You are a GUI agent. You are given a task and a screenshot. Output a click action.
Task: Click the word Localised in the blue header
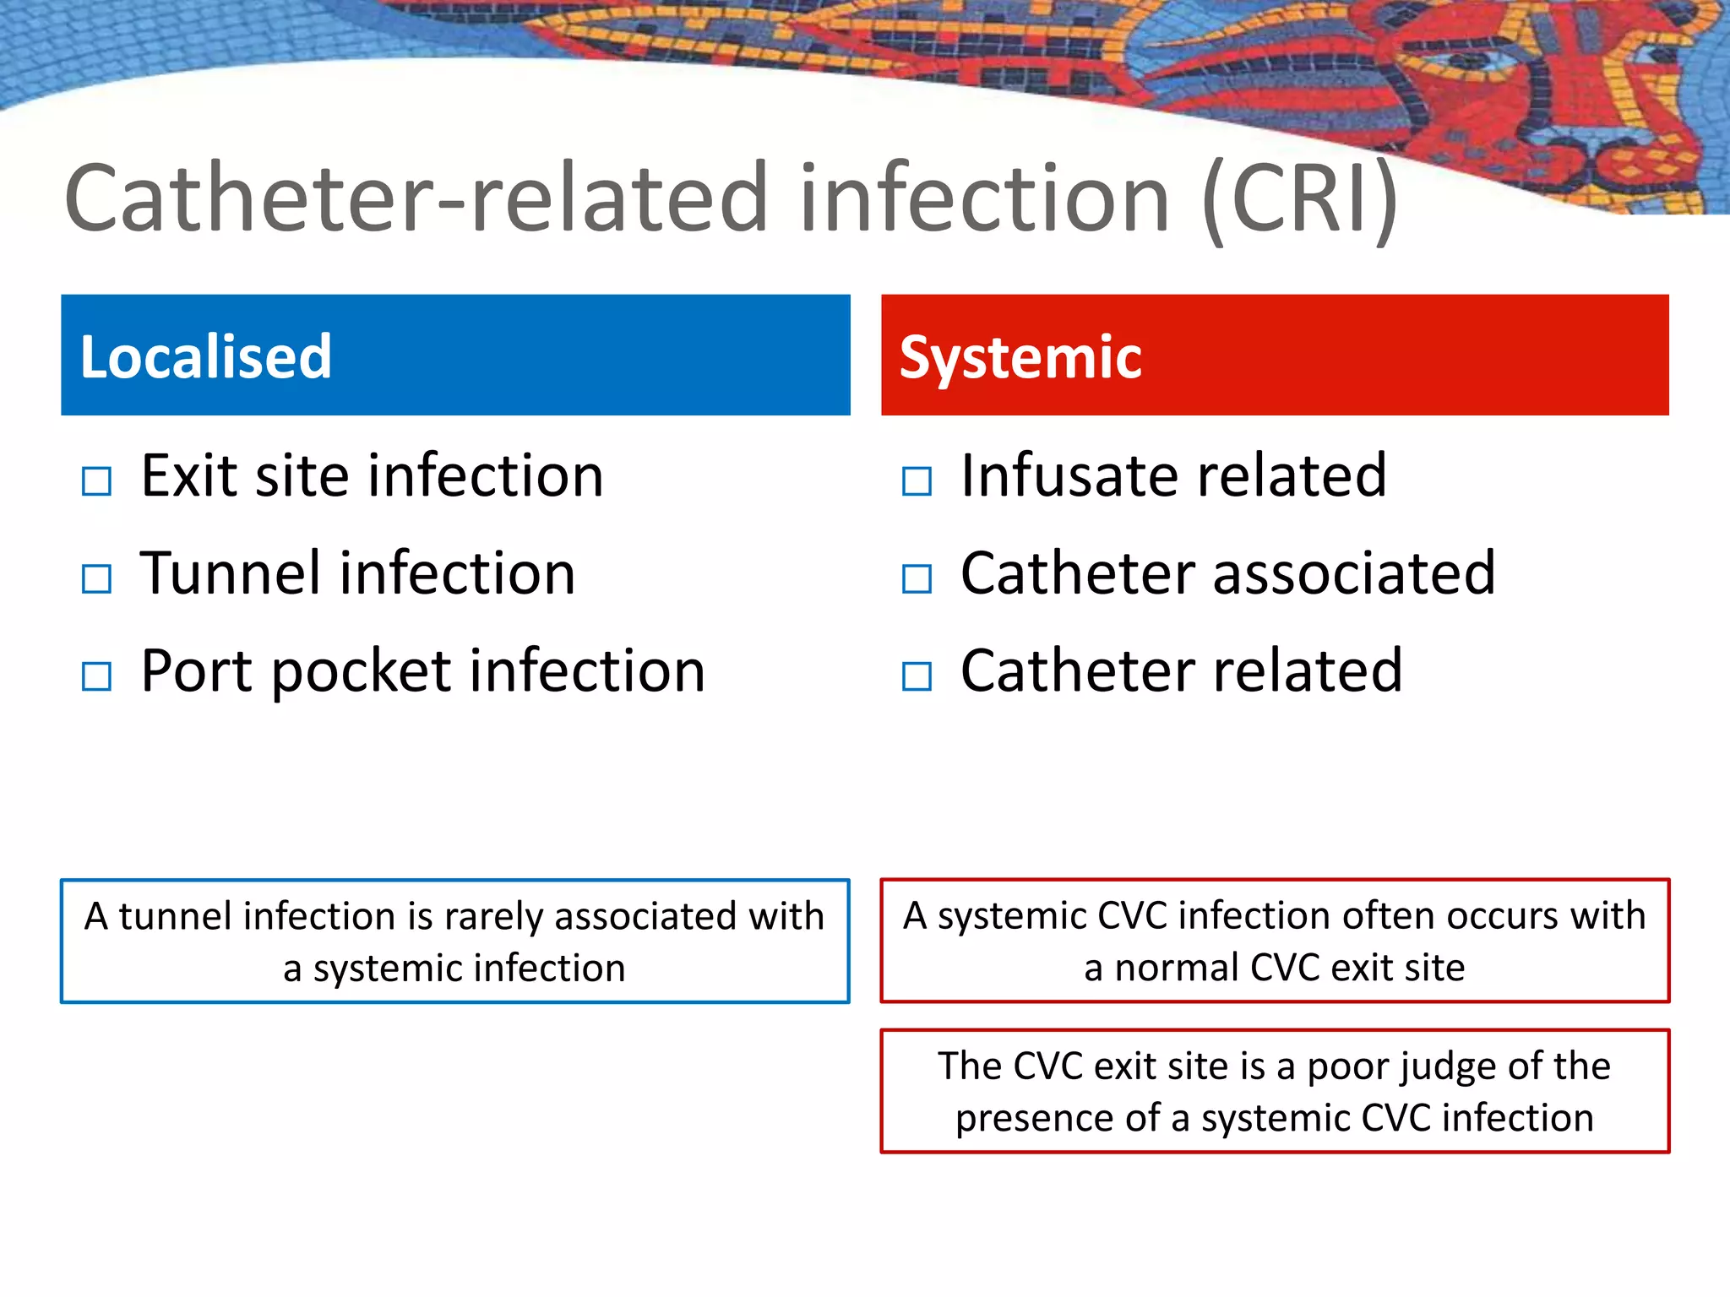[x=205, y=356]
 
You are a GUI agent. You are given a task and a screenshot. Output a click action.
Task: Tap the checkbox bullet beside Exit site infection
[x=96, y=481]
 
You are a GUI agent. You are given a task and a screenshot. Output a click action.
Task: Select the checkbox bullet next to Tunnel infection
[x=96, y=579]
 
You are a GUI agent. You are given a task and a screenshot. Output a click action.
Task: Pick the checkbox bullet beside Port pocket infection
[x=96, y=676]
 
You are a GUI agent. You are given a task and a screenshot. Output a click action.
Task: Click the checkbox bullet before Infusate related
[x=917, y=481]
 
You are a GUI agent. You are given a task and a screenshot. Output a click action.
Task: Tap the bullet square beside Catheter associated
[x=917, y=579]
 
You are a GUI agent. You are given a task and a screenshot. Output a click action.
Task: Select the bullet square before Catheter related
[x=917, y=676]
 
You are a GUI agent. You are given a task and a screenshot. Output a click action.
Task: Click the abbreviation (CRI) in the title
[x=1299, y=199]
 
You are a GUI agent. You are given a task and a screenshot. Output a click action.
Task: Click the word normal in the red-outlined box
[x=1175, y=968]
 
